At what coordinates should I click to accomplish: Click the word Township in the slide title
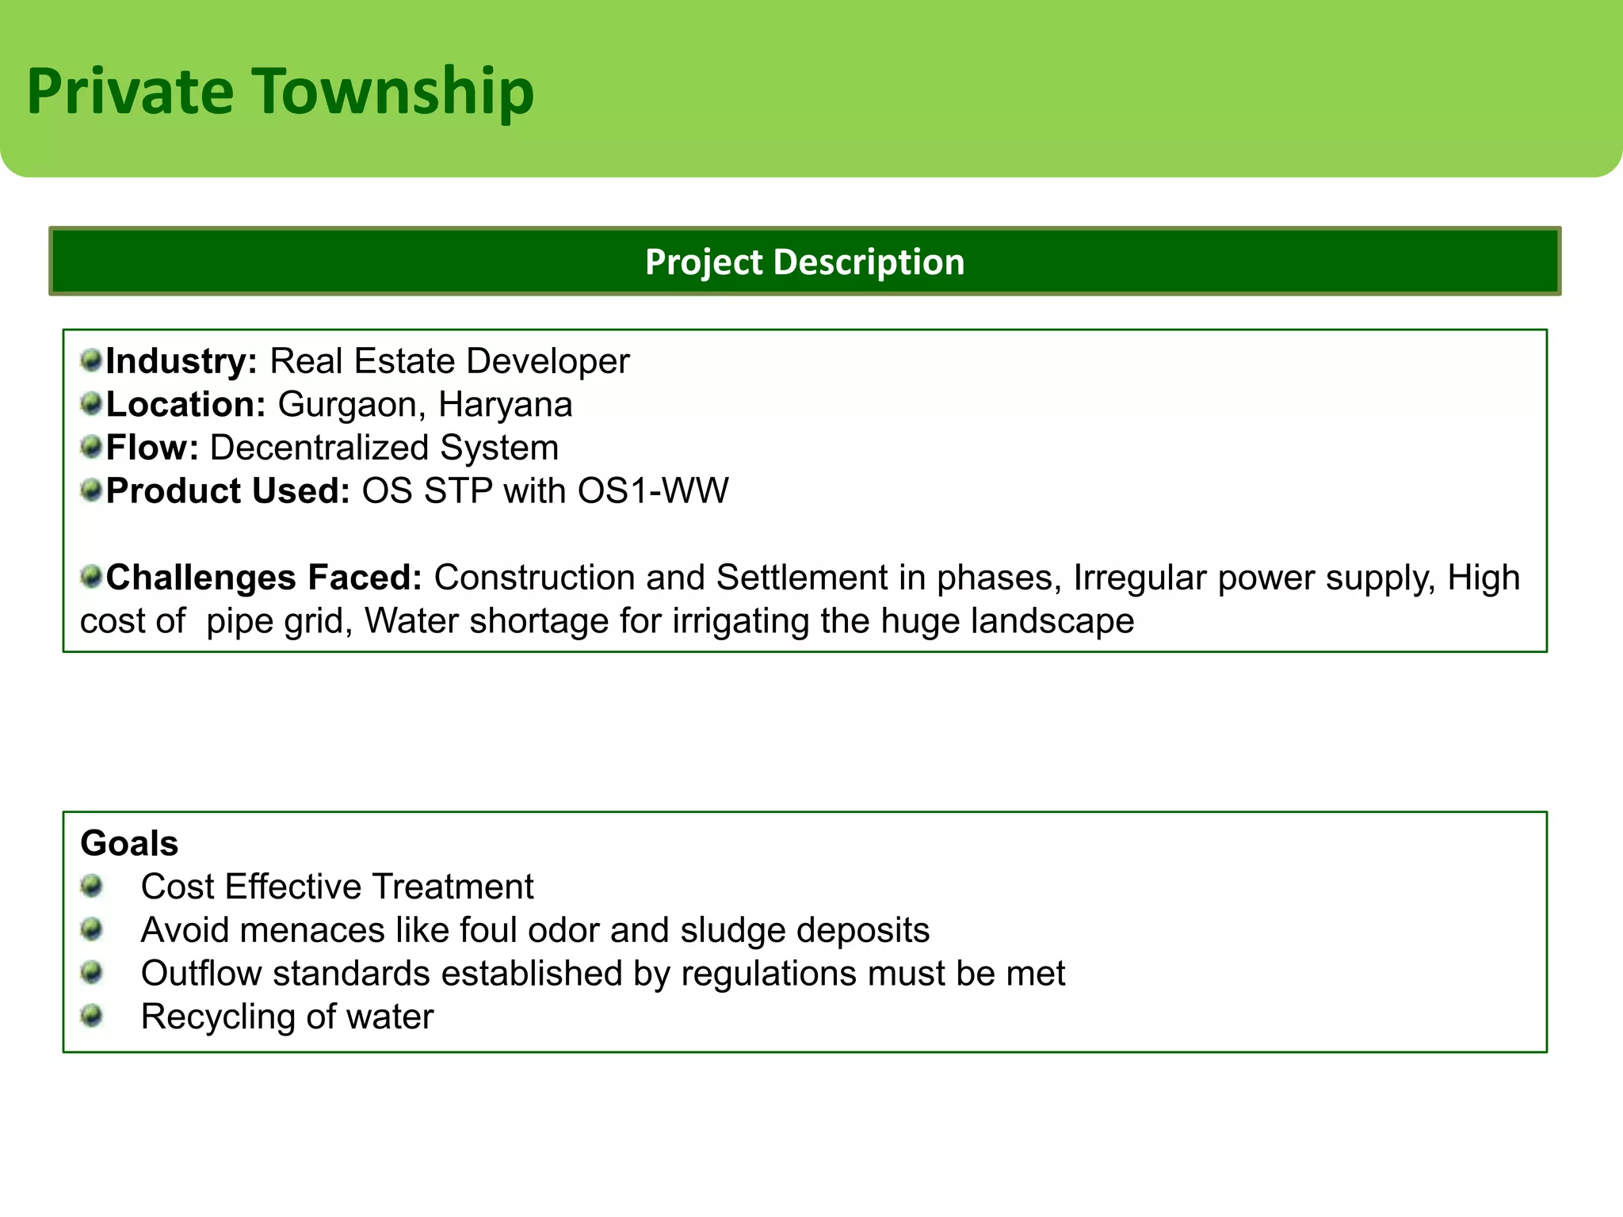point(393,92)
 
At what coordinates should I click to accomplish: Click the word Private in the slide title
point(130,92)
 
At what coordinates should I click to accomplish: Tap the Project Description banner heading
point(804,261)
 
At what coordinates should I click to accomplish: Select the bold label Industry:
point(181,361)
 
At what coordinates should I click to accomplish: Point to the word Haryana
point(505,405)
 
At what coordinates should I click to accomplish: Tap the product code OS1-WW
point(652,491)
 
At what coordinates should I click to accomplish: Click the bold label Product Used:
point(228,491)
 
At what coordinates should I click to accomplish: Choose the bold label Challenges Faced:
point(264,578)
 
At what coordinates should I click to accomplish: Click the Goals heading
point(129,843)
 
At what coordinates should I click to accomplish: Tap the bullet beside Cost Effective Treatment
point(92,885)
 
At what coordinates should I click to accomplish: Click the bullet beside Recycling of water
point(92,1015)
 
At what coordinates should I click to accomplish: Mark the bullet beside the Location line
point(92,404)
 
